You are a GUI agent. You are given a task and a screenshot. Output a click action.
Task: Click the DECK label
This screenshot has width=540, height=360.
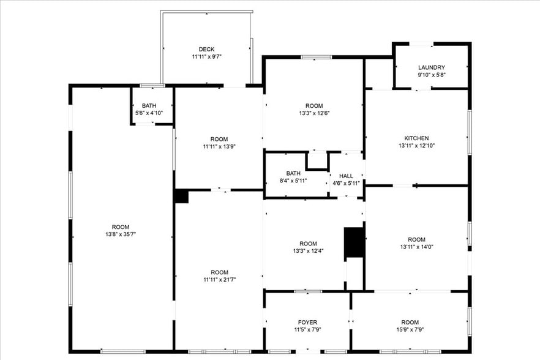point(206,50)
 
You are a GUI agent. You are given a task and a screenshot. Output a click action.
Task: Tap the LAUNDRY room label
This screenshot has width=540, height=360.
point(431,67)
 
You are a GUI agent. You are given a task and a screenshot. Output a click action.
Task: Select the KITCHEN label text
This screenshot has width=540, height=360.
point(416,138)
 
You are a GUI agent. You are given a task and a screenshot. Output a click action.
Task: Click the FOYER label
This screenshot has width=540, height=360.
point(308,323)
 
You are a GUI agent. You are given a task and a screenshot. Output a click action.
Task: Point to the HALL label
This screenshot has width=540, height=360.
point(346,176)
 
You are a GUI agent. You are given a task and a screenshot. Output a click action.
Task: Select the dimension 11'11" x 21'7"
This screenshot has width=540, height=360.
point(219,280)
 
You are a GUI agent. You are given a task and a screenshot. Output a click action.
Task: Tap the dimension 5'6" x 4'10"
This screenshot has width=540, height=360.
point(149,113)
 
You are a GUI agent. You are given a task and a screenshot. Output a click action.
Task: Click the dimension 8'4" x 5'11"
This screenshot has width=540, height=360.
point(293,181)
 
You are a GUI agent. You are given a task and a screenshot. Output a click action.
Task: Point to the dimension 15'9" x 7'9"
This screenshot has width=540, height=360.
point(410,330)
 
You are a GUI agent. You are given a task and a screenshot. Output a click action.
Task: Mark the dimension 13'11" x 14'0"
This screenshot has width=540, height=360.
point(416,247)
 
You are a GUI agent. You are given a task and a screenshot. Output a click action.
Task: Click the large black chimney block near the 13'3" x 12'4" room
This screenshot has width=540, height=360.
point(354,242)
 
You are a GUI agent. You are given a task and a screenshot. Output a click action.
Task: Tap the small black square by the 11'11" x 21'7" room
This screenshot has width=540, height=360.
point(181,196)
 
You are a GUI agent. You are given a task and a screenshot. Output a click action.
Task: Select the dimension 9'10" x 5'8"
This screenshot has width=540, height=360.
point(431,75)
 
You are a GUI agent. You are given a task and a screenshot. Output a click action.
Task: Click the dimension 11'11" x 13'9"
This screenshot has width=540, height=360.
point(219,146)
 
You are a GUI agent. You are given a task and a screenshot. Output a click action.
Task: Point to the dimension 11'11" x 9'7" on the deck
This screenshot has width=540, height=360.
point(206,57)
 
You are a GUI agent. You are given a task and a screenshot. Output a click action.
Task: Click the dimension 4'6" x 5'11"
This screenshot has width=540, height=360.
point(346,183)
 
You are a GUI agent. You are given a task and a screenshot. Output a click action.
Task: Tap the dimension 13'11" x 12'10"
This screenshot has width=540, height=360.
point(416,146)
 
